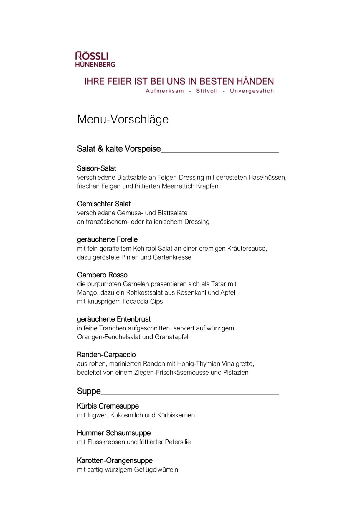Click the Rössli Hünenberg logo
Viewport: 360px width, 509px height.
pyautogui.click(x=95, y=59)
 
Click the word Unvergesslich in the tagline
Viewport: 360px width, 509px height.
pyautogui.click(x=252, y=91)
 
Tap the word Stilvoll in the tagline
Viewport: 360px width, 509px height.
pyautogui.click(x=207, y=91)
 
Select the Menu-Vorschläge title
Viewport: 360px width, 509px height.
pyautogui.click(x=123, y=119)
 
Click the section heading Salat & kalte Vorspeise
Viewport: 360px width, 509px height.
pyautogui.click(x=119, y=149)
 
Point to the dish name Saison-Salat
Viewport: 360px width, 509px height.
pyautogui.click(x=96, y=168)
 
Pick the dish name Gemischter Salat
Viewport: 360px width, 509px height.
pyautogui.click(x=104, y=204)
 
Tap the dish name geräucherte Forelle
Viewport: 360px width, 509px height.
pyautogui.click(x=107, y=239)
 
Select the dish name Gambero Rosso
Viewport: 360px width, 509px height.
pyautogui.click(x=102, y=275)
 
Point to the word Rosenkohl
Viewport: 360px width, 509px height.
pyautogui.click(x=186, y=293)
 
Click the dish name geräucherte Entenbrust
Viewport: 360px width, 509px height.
pyautogui.click(x=114, y=319)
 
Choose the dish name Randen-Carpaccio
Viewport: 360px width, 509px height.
pyautogui.click(x=106, y=355)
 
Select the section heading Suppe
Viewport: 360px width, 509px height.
pyautogui.click(x=89, y=391)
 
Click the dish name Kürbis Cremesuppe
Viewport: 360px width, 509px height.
pyautogui.click(x=108, y=406)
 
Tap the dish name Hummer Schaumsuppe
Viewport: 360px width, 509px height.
pyautogui.click(x=114, y=433)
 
